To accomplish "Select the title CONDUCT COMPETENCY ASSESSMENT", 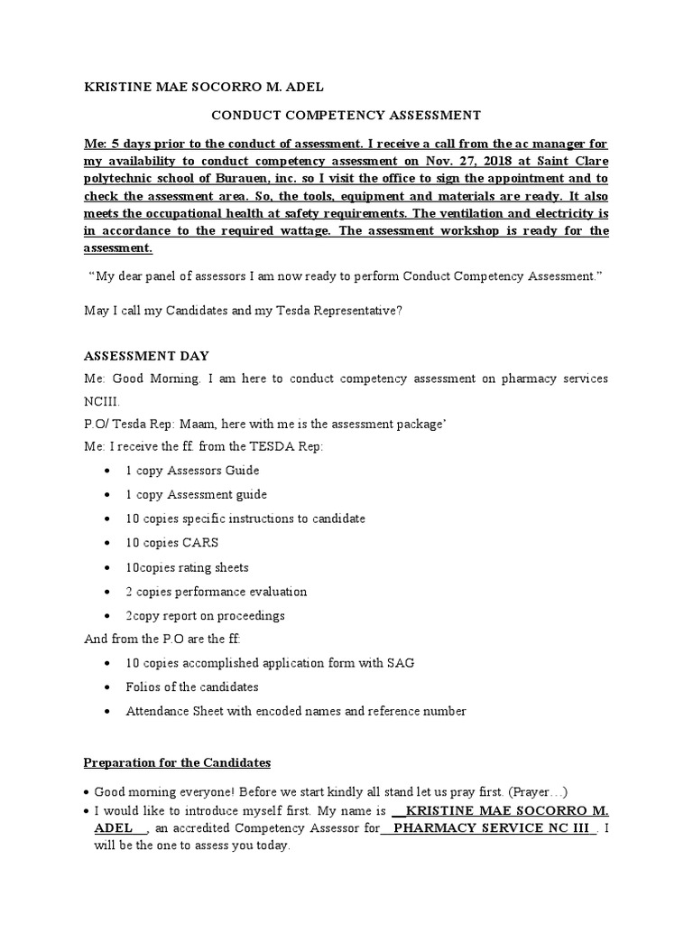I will (x=346, y=115).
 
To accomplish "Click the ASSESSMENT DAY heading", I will (x=146, y=355).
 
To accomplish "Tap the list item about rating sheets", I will (x=187, y=567).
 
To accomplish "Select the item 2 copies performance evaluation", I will (x=216, y=592).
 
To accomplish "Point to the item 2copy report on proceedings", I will (x=205, y=616).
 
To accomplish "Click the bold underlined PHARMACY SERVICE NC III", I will (x=490, y=828).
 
